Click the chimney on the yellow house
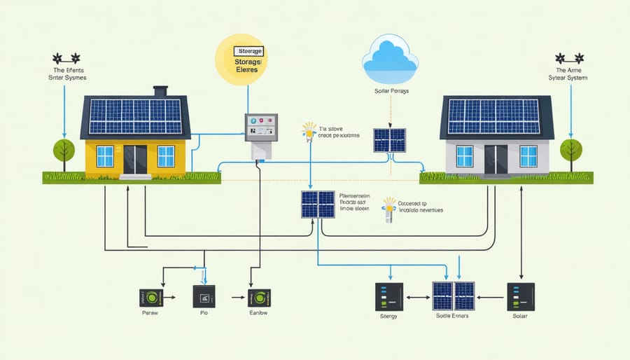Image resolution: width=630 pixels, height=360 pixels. coord(160,92)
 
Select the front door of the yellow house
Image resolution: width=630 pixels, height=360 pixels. coord(135,159)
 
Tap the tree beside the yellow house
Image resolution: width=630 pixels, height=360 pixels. coord(64,153)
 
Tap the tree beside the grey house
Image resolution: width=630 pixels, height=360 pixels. coord(571,153)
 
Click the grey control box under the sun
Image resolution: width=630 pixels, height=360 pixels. coord(260,128)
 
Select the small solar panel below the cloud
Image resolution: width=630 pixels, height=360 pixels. coord(389,139)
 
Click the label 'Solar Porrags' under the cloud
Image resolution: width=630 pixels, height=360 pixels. coord(390,92)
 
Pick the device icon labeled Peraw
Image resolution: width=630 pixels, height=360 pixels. coord(151,298)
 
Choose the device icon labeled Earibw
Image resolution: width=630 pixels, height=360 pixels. coord(259,298)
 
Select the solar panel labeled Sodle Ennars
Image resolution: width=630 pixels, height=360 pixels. coord(453,297)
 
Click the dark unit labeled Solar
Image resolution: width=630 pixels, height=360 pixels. coord(520,297)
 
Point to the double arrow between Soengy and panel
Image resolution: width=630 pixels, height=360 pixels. coord(419,297)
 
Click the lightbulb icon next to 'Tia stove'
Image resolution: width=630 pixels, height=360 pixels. coord(308,130)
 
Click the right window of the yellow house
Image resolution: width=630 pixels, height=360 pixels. coord(166,155)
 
